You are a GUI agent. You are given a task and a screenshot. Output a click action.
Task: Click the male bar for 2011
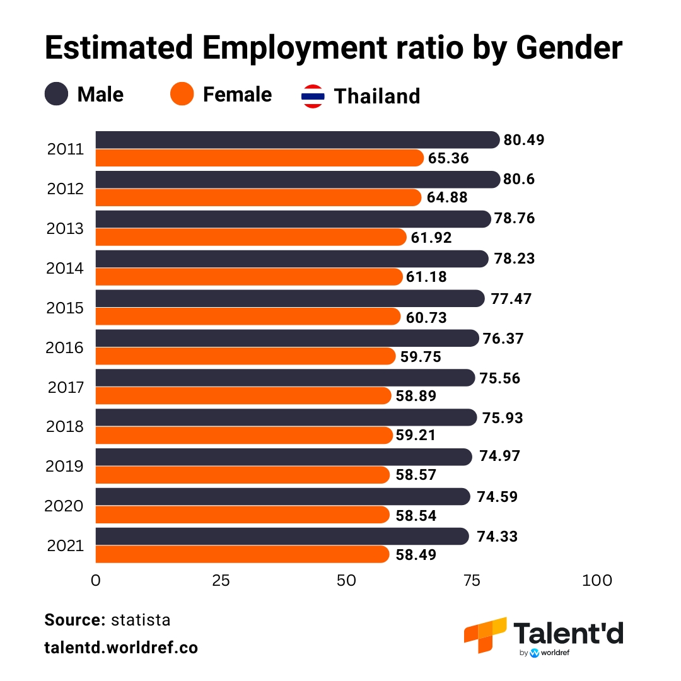click(x=296, y=140)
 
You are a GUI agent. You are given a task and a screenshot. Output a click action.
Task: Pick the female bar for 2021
click(x=242, y=554)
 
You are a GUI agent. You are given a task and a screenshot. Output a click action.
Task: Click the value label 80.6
click(x=519, y=180)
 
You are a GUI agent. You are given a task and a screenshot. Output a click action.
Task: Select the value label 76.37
click(x=503, y=339)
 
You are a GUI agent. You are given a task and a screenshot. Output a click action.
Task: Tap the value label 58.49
click(x=416, y=555)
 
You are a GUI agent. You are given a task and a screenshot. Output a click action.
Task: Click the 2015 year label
click(x=65, y=308)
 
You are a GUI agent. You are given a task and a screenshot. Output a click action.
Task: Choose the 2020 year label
click(x=65, y=506)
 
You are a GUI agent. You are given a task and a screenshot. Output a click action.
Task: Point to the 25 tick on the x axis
click(x=221, y=581)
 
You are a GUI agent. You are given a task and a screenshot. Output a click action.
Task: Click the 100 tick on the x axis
click(x=597, y=581)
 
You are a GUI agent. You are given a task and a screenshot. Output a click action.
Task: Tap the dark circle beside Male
click(x=56, y=95)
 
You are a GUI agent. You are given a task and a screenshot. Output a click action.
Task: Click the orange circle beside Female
click(x=182, y=95)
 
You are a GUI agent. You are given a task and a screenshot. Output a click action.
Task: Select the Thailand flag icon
click(x=313, y=96)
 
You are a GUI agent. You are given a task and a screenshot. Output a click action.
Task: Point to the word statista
click(x=141, y=620)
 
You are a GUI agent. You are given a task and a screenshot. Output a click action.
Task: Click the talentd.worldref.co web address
click(x=121, y=648)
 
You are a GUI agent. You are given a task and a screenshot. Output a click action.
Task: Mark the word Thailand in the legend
click(x=376, y=96)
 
